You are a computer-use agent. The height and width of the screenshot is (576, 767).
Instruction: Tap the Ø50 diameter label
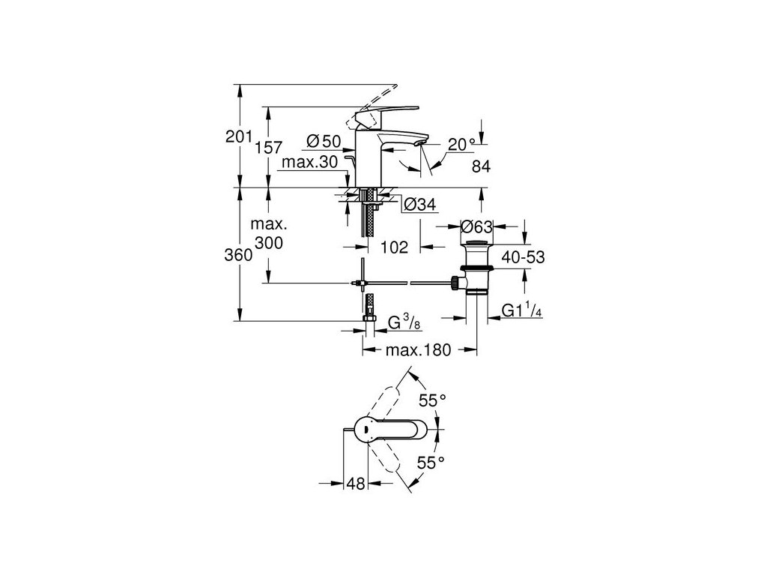[324, 140]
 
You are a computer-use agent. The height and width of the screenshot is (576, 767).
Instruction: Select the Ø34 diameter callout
[419, 204]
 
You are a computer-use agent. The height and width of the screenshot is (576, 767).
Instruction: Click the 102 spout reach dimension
[394, 247]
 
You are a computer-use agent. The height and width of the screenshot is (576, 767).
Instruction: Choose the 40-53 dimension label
[521, 257]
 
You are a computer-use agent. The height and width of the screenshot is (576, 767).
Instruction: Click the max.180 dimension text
[420, 351]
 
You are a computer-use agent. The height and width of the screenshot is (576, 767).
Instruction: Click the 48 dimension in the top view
[355, 484]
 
